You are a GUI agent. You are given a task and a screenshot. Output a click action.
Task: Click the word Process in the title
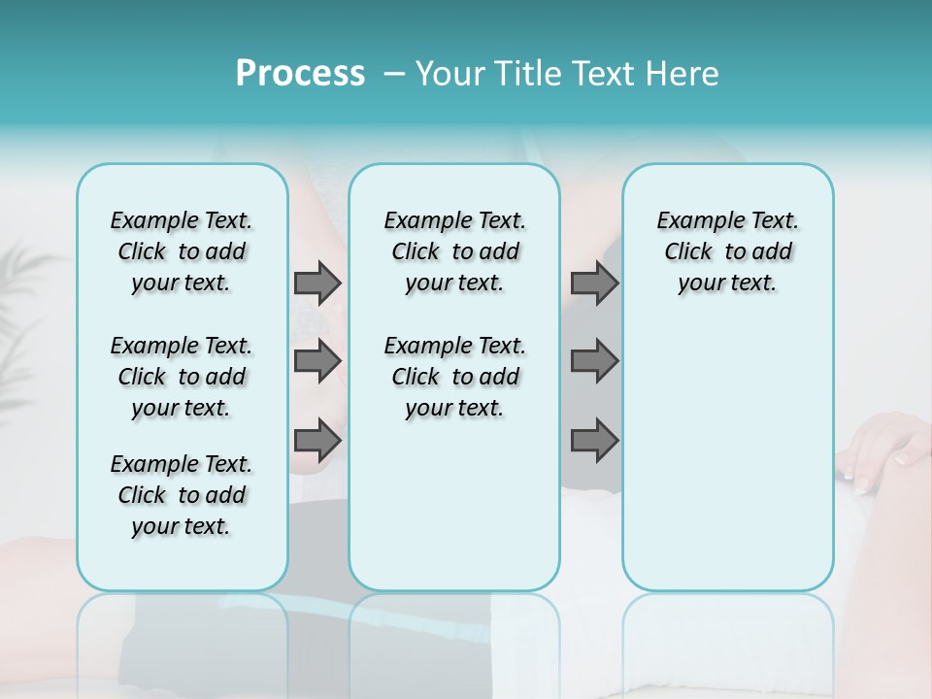click(x=300, y=74)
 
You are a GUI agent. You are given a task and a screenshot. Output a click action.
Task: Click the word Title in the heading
click(x=526, y=74)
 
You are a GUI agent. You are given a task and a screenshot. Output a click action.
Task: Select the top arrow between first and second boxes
click(x=317, y=283)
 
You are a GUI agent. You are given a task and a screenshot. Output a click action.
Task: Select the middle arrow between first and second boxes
click(x=317, y=361)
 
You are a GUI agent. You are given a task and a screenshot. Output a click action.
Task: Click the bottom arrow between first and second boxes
click(x=317, y=441)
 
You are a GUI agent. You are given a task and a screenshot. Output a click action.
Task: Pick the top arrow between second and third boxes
click(x=594, y=283)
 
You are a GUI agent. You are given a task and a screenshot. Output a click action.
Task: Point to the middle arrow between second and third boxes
click(x=594, y=361)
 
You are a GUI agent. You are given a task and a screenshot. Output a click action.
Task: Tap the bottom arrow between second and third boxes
click(x=594, y=441)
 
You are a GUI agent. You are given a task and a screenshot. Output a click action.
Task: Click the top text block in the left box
click(x=182, y=251)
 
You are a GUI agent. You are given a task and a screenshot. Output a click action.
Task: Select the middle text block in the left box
click(x=182, y=377)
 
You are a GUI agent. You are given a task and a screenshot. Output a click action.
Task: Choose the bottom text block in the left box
click(x=182, y=495)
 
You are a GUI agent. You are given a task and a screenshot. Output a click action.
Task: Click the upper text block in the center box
click(x=454, y=251)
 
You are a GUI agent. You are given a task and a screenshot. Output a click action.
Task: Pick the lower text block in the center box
click(x=454, y=377)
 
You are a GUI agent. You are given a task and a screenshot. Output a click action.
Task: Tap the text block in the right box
click(x=727, y=251)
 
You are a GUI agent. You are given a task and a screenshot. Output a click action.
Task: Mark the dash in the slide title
click(x=393, y=74)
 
